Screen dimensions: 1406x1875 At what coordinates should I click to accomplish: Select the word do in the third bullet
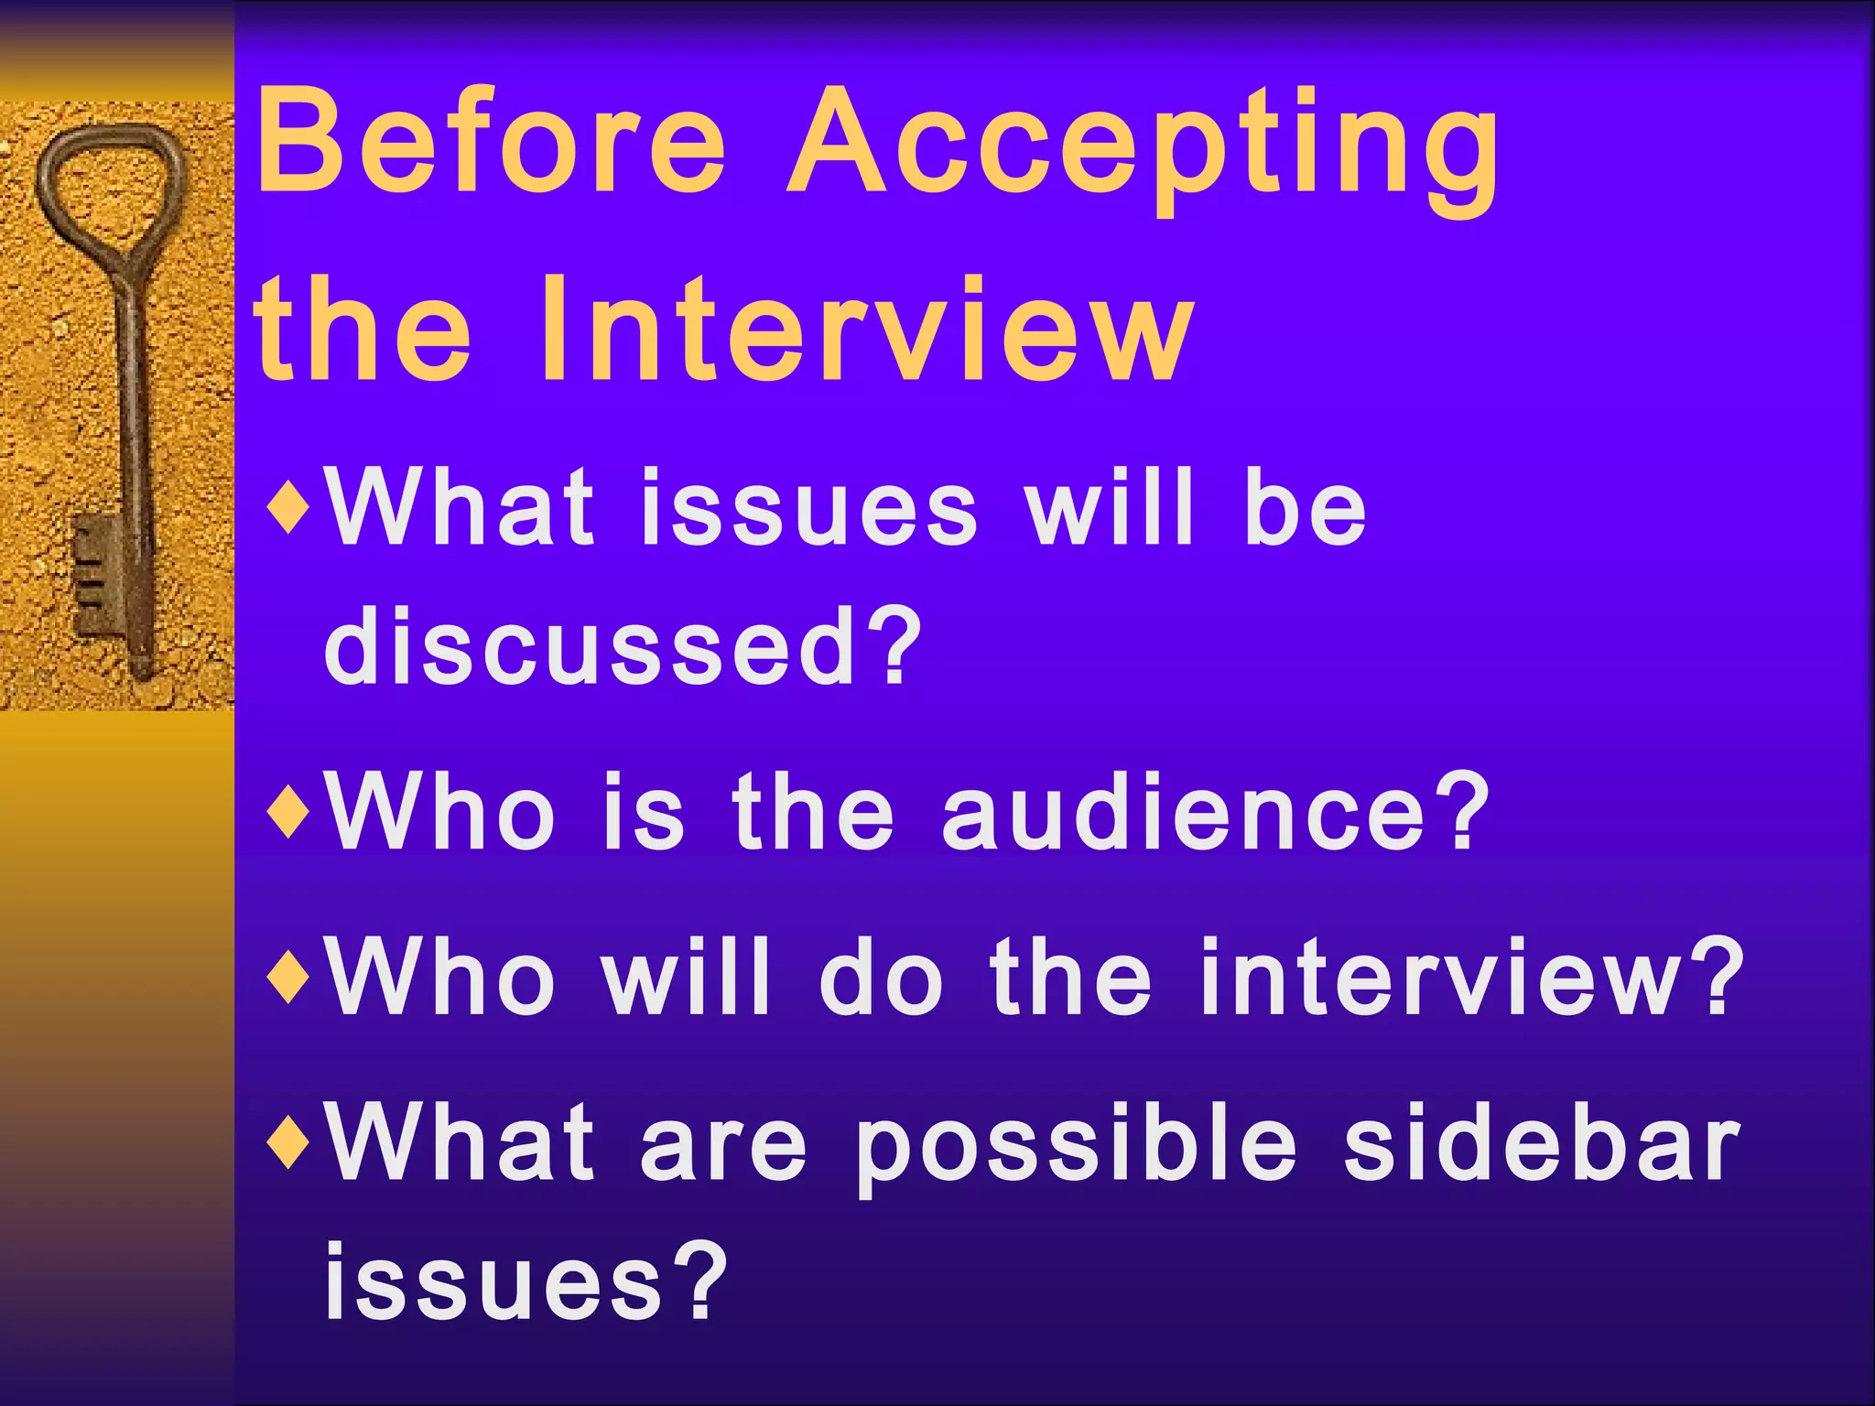coord(881,978)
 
